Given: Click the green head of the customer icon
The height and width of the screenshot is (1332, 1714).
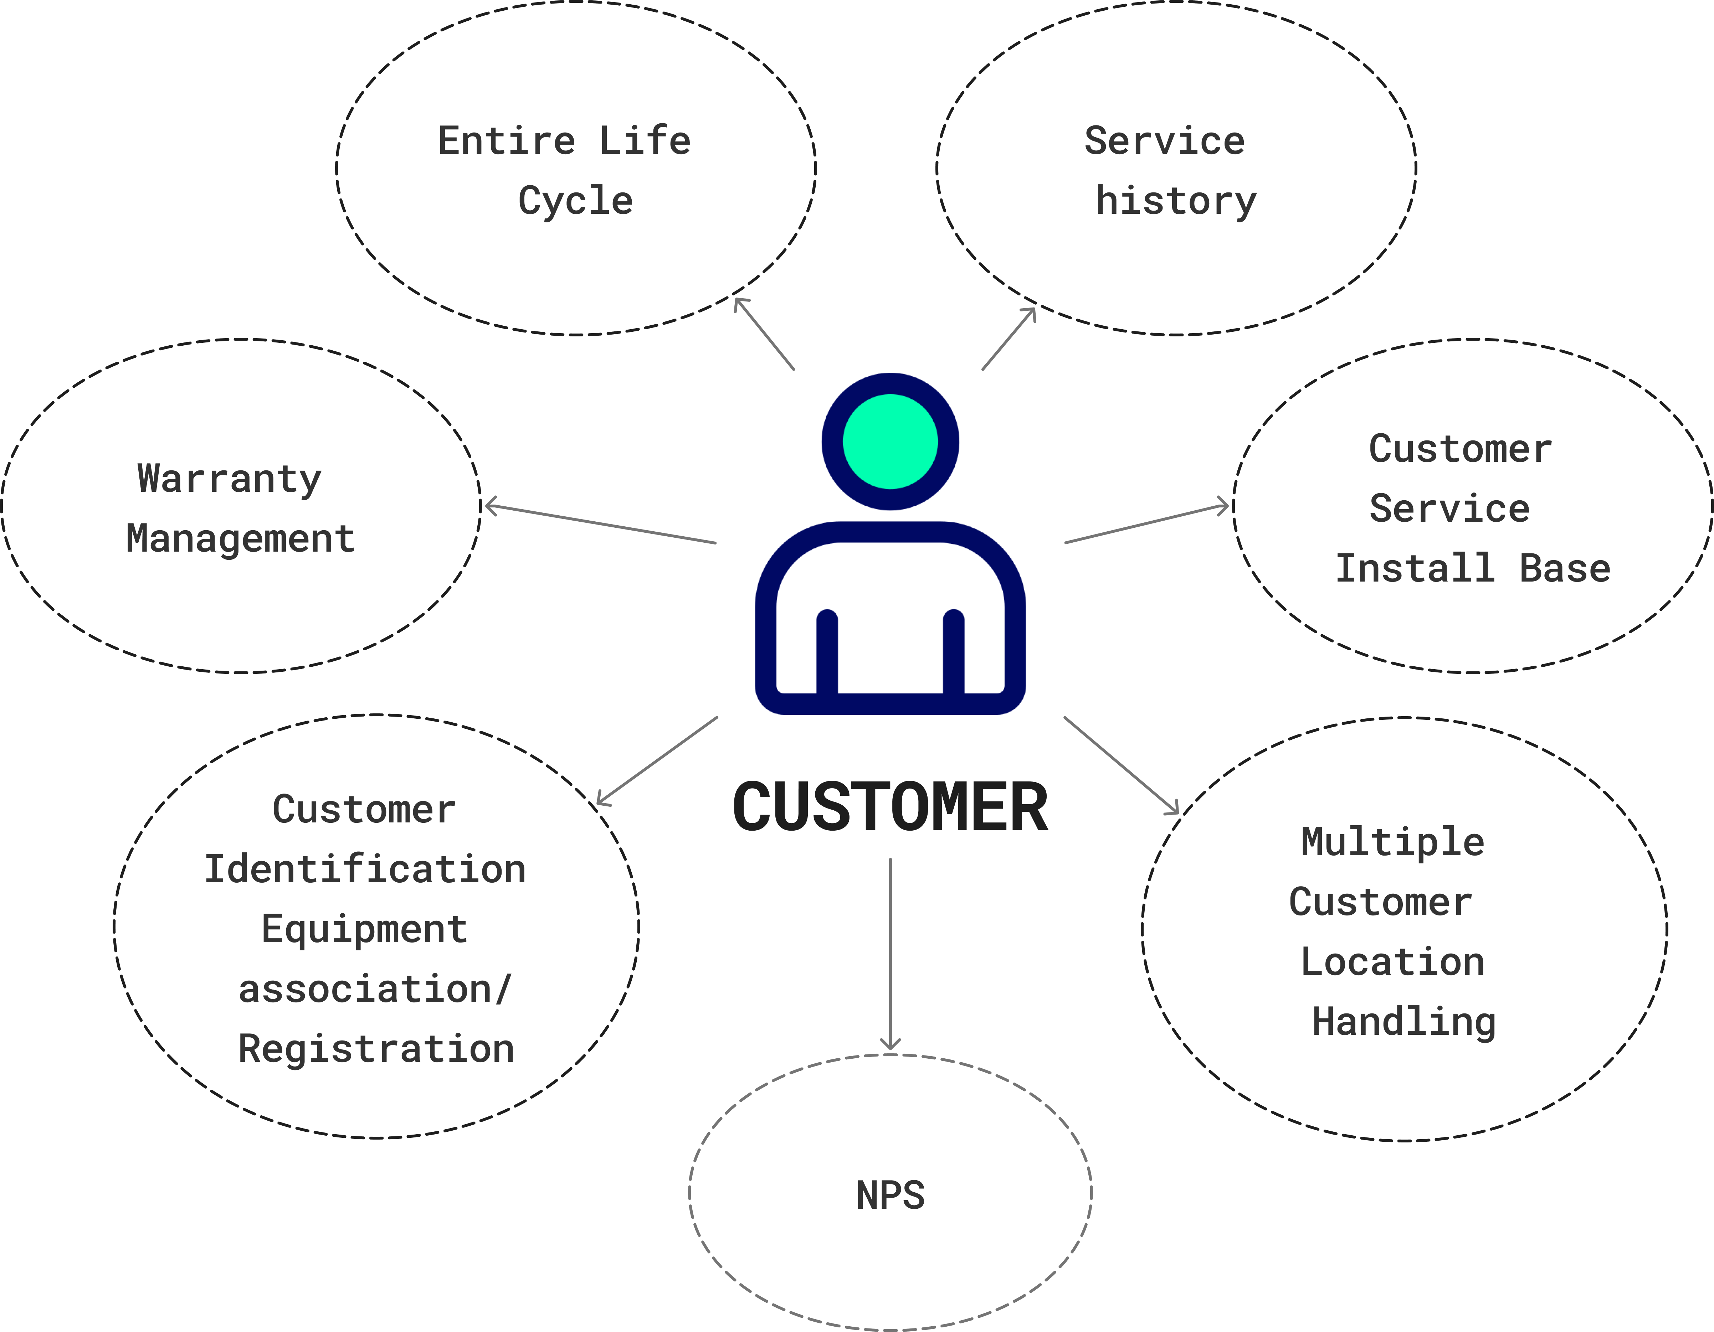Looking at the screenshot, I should [890, 441].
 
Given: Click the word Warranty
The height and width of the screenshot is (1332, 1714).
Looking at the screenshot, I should [229, 479].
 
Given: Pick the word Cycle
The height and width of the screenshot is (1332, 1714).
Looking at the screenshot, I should [575, 201].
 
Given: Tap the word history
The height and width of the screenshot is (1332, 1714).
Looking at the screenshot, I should [1176, 201].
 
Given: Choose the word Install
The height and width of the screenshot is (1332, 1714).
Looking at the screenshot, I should [1414, 568].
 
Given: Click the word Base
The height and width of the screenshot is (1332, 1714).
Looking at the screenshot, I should [1565, 568].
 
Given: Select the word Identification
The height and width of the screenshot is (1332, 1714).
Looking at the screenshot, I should [365, 869].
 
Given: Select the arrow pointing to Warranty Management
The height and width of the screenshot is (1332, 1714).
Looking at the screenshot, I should [600, 524].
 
